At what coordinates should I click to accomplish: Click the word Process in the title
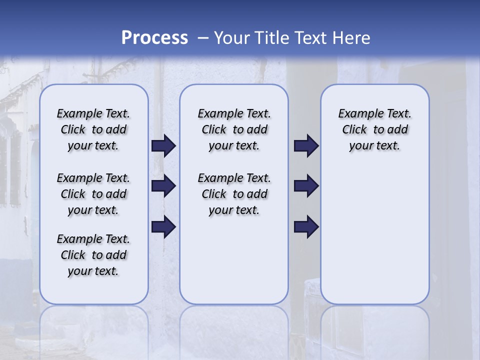click(154, 37)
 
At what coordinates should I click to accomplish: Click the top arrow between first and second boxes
click(163, 146)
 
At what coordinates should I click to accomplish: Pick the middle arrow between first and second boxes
click(163, 186)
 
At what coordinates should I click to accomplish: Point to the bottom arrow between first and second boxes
click(163, 227)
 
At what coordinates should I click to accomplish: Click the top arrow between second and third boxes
click(306, 146)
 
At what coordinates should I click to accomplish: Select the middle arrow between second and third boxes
click(306, 186)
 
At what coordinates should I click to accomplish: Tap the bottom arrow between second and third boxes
click(306, 227)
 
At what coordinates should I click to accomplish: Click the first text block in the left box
click(93, 129)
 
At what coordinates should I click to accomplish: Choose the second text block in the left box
click(93, 194)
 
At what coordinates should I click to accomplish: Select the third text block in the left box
click(93, 255)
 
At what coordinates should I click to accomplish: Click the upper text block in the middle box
click(234, 129)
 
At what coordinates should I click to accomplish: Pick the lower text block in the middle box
click(234, 194)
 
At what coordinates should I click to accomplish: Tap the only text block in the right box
click(374, 129)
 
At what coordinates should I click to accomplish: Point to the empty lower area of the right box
click(374, 235)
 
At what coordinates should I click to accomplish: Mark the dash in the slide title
click(203, 38)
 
